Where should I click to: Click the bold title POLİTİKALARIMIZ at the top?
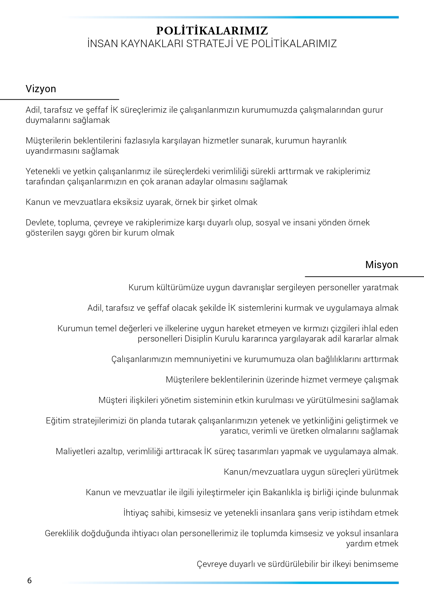tap(212, 31)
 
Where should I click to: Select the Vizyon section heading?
tap(41, 89)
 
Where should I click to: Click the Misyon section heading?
tap(381, 265)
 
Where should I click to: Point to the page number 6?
tap(29, 581)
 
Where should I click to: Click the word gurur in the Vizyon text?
tap(373, 110)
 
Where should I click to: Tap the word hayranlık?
tap(329, 141)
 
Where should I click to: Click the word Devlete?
tap(40, 223)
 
